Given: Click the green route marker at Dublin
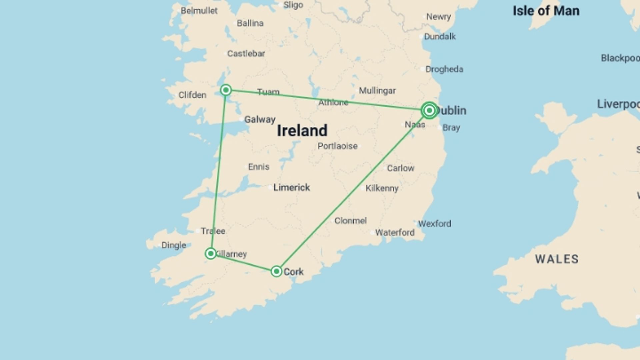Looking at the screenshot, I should coord(429,110).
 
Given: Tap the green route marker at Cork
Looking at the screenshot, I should coord(276,271).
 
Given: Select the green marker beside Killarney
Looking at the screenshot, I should coord(211,254).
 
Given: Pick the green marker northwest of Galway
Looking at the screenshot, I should coord(226,90).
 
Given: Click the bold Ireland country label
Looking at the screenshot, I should coord(302,130).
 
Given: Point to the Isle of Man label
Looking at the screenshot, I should coord(546,11).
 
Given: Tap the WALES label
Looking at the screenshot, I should coord(557,259).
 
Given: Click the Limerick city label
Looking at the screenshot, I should coord(291,187).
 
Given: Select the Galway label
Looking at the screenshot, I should coord(260,119).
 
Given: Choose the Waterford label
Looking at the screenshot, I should coord(395,232).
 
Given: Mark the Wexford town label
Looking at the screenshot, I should coord(434,223).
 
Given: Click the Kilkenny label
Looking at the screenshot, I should coord(382,188).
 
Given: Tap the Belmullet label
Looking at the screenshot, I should coord(199,11).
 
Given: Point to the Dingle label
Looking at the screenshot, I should coord(174,245).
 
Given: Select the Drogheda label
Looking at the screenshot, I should coord(444,69).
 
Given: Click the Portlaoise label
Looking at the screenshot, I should coord(337,146).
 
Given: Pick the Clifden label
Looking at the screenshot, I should coord(192,95).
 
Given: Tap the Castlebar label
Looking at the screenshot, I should coord(246,54).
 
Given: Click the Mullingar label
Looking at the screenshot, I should coord(377,91).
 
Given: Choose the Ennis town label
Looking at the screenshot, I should coord(259,167).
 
